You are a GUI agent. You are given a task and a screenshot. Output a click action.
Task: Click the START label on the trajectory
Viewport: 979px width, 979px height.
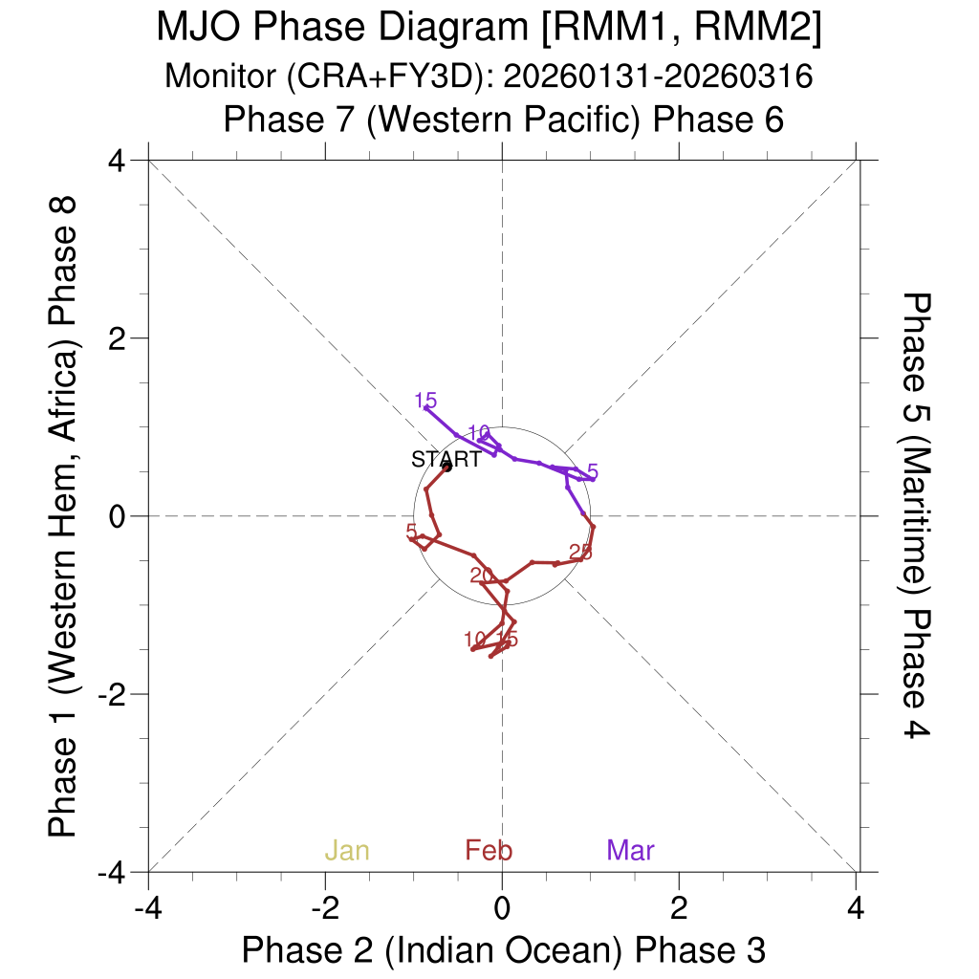point(446,459)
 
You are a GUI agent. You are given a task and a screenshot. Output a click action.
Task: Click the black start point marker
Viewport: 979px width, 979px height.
point(446,467)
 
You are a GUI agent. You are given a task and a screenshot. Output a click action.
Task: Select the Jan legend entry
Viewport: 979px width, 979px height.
point(347,850)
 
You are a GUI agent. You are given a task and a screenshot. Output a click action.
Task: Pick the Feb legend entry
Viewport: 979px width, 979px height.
point(489,850)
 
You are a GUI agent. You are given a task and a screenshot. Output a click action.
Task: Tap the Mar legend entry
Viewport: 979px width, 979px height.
point(630,850)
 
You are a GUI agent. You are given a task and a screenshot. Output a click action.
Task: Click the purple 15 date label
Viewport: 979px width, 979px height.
point(425,401)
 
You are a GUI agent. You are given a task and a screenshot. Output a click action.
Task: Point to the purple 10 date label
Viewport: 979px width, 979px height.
point(479,432)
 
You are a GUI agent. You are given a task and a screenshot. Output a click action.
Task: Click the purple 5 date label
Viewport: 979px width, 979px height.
point(593,471)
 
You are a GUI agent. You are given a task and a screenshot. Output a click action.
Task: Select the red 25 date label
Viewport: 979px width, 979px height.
point(580,552)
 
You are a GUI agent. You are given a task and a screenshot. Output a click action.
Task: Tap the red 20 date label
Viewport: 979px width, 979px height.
point(482,575)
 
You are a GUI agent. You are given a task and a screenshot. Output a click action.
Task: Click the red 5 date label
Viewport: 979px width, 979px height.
point(411,531)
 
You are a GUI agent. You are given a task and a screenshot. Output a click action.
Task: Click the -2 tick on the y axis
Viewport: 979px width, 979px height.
point(114,694)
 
